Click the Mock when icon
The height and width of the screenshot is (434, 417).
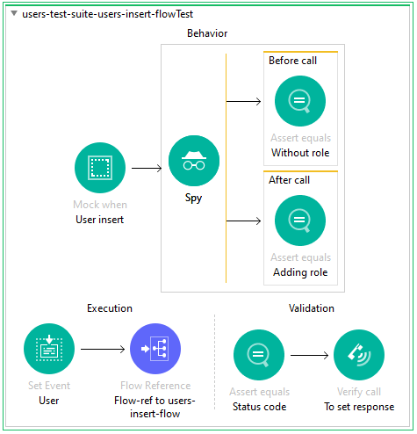(x=99, y=168)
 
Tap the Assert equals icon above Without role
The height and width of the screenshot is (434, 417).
(x=299, y=100)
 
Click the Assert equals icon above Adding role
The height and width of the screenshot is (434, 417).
(x=299, y=221)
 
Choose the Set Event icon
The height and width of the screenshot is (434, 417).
(x=49, y=349)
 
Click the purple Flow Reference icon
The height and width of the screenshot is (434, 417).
(x=155, y=349)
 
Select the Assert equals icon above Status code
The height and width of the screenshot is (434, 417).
(x=258, y=355)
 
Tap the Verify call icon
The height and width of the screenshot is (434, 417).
(x=358, y=355)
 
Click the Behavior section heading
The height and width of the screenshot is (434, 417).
(x=207, y=33)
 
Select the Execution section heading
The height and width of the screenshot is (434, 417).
(x=109, y=308)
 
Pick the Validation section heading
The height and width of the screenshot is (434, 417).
(x=311, y=308)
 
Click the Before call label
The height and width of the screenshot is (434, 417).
(x=293, y=61)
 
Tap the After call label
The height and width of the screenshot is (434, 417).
(x=290, y=180)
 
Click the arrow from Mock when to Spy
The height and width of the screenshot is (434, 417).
(x=146, y=167)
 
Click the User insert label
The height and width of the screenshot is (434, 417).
(x=99, y=219)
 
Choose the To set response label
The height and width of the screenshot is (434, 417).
(x=358, y=407)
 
